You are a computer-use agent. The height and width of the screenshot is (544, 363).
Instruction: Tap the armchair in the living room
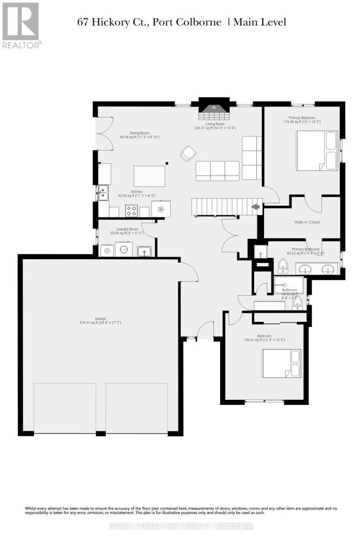pyautogui.click(x=187, y=154)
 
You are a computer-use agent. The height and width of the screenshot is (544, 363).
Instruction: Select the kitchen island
pyautogui.click(x=149, y=176)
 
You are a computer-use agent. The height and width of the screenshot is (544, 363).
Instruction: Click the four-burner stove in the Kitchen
pyautogui.click(x=132, y=210)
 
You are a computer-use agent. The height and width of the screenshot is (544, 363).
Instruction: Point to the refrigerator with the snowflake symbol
pyautogui.click(x=161, y=209)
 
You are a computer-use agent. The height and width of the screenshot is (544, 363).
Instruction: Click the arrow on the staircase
pyautogui.click(x=256, y=207)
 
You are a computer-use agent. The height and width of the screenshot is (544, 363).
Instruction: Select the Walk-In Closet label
pyautogui.click(x=307, y=223)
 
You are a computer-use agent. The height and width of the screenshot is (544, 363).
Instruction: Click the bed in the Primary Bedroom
pyautogui.click(x=318, y=151)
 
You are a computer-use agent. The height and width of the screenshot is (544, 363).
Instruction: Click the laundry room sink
pyautogui.click(x=144, y=250)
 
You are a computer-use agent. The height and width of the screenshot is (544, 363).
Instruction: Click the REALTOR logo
pyautogui.click(x=21, y=25)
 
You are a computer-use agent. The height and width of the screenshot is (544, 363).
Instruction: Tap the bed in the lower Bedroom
pyautogui.click(x=281, y=363)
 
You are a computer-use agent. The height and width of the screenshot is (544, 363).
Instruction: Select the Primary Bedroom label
pyautogui.click(x=302, y=117)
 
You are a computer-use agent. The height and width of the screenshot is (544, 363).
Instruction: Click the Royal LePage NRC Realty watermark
pyautogui.click(x=181, y=526)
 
